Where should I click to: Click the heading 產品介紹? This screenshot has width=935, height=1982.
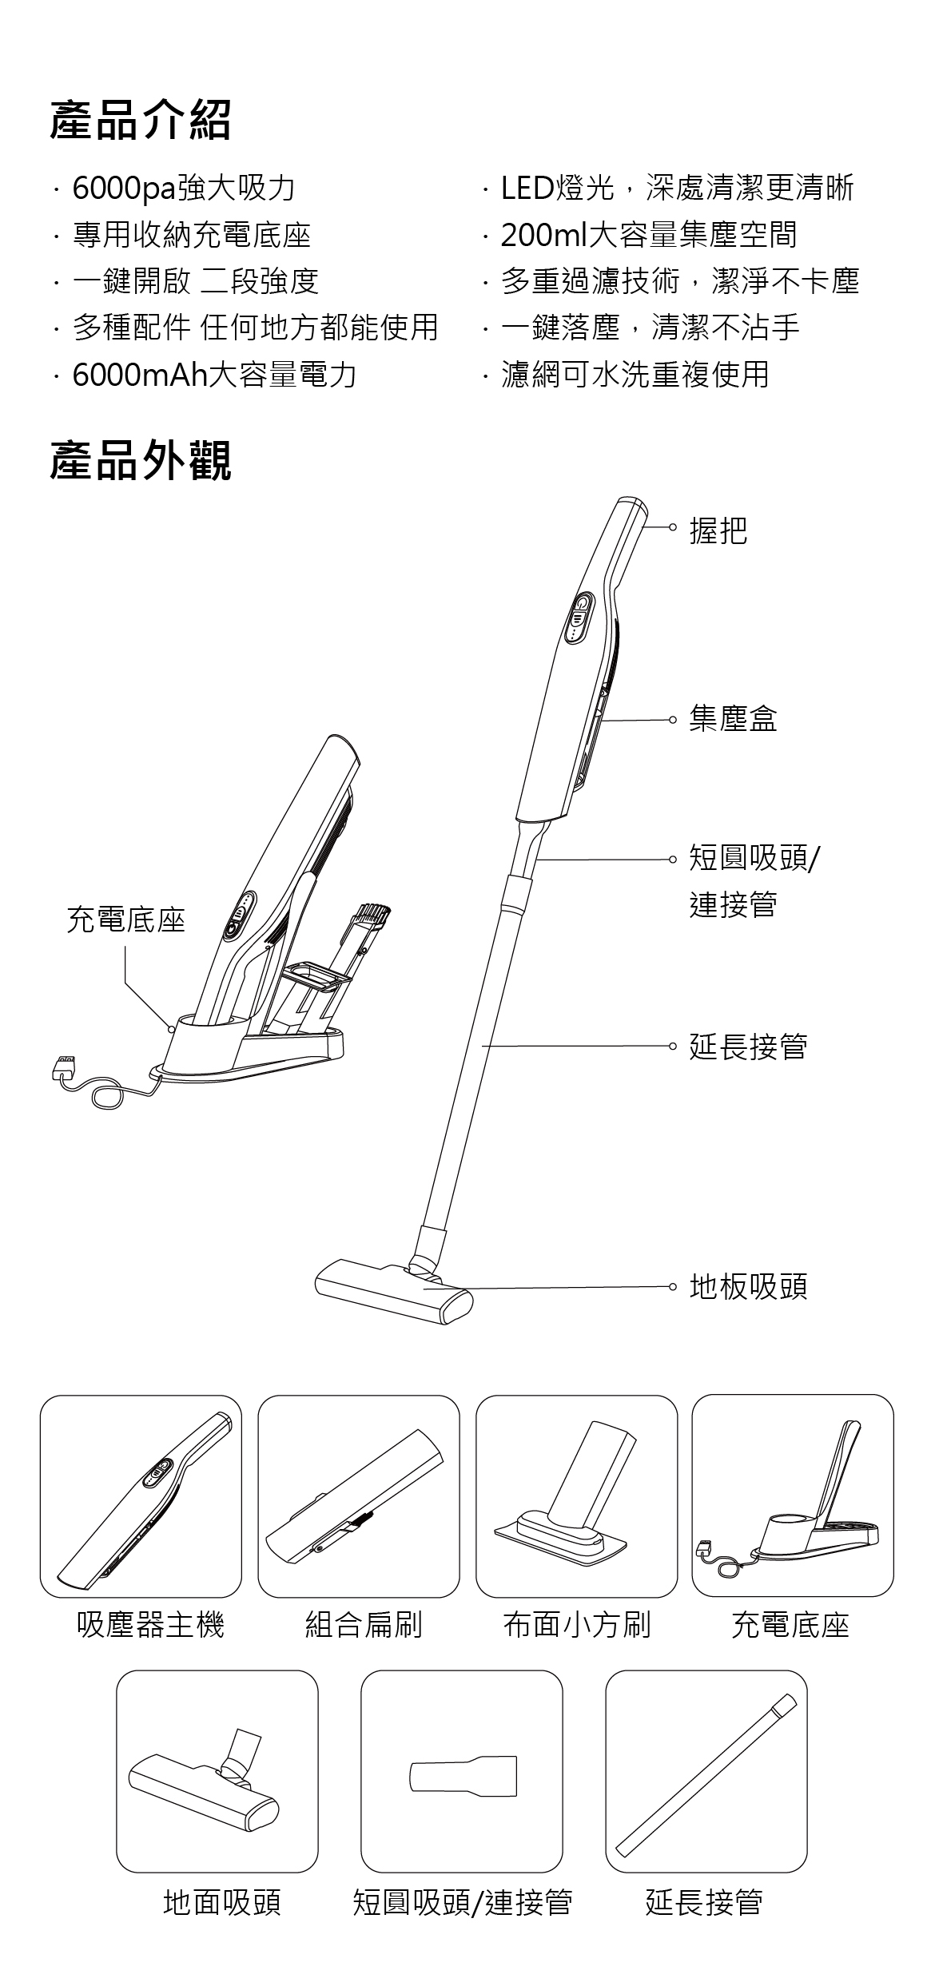pyautogui.click(x=141, y=121)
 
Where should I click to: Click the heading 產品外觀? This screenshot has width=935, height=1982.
pyautogui.click(x=141, y=462)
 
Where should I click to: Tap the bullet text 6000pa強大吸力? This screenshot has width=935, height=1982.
pyautogui.click(x=184, y=189)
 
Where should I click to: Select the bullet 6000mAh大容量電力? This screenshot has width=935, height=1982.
pyautogui.click(x=214, y=374)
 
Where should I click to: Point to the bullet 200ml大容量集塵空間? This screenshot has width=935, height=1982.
pyautogui.click(x=648, y=235)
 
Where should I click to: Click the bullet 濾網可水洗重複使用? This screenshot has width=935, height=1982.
pyautogui.click(x=635, y=374)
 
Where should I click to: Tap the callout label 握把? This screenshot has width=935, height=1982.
pyautogui.click(x=718, y=530)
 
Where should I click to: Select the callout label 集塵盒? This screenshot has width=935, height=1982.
pyautogui.click(x=733, y=718)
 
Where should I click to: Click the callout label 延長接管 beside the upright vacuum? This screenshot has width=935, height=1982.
pyautogui.click(x=748, y=1046)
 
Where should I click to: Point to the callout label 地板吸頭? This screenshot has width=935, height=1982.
pyautogui.click(x=748, y=1286)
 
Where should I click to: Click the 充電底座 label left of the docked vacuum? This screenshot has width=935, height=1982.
pyautogui.click(x=125, y=920)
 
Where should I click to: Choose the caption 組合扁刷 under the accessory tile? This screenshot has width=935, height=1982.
pyautogui.click(x=364, y=1624)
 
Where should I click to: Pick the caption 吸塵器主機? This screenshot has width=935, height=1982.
pyautogui.click(x=150, y=1624)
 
